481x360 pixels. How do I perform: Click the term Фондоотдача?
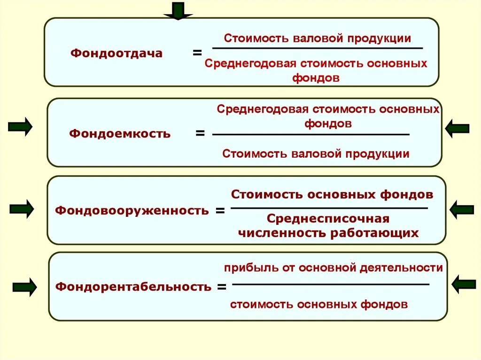(116, 54)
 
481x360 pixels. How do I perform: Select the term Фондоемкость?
(120, 134)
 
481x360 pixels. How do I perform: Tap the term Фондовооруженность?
(132, 210)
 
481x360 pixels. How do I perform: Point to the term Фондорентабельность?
(133, 286)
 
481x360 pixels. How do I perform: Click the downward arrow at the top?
(178, 11)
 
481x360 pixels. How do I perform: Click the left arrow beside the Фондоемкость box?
(20, 127)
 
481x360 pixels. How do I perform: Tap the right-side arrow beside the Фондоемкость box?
(457, 128)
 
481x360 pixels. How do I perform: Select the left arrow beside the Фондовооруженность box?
(22, 209)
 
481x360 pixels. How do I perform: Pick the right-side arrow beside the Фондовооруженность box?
(462, 209)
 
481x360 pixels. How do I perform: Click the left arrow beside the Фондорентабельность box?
(25, 287)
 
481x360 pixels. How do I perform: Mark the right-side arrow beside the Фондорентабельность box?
(464, 284)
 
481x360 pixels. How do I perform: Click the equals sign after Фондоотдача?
(197, 53)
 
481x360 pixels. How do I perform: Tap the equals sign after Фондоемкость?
(200, 134)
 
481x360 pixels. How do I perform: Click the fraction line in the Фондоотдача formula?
(318, 48)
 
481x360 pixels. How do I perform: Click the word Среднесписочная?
(328, 219)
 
